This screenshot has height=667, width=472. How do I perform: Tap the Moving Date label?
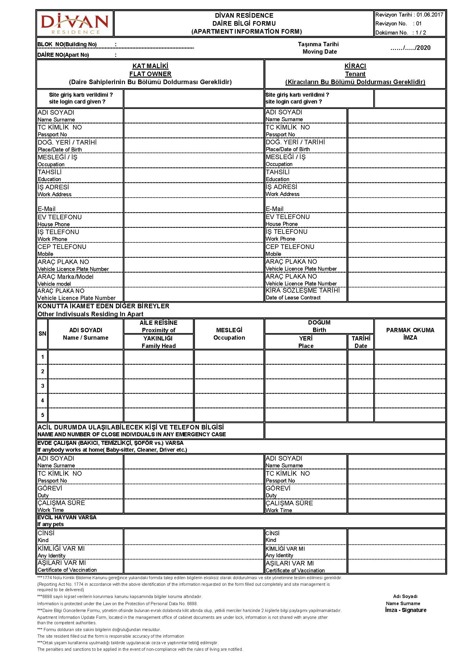319,52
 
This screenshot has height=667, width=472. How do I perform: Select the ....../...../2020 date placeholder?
410,48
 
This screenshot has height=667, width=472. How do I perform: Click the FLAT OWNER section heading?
150,74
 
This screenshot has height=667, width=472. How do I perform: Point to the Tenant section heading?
355,74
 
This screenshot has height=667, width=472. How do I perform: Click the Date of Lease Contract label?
293,298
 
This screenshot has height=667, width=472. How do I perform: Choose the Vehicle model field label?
54,284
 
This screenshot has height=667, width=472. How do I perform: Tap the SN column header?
43,334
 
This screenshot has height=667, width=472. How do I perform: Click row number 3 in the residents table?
43,386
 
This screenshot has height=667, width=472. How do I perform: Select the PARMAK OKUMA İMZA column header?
410,334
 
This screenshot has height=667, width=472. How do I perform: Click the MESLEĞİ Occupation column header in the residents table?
229,334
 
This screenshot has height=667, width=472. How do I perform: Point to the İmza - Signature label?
406,610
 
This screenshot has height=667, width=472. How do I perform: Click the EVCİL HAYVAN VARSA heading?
67,517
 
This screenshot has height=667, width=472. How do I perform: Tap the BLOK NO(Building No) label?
67,44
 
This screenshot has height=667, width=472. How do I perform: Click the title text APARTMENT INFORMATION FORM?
247,32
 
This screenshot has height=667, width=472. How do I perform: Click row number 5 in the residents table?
43,415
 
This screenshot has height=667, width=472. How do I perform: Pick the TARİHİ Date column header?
361,342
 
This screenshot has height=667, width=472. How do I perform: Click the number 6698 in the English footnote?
192,603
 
